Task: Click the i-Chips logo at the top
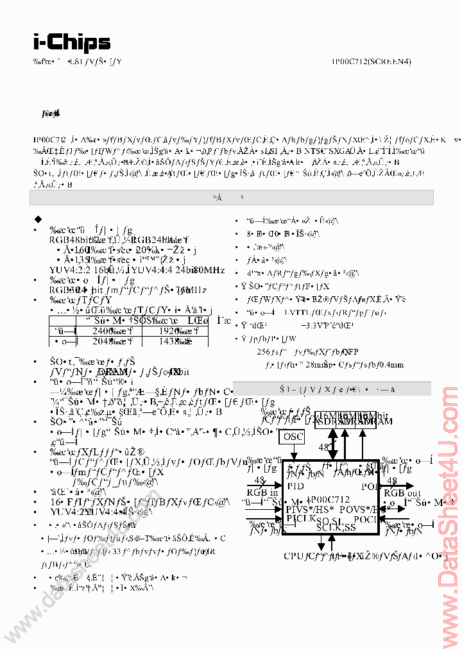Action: (71, 42)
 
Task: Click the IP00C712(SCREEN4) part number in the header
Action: (372, 62)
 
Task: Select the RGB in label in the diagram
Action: (262, 492)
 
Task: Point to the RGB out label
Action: (402, 492)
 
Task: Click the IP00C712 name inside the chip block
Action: (330, 499)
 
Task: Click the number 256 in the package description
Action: (263, 351)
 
